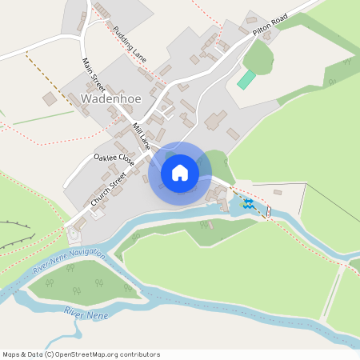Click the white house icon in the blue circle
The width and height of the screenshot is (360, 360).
click(x=180, y=173)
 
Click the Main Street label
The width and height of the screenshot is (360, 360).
click(x=94, y=74)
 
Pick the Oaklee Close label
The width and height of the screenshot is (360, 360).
click(x=114, y=160)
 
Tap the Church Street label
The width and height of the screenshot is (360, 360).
click(x=109, y=190)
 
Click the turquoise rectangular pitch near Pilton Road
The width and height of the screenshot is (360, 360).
click(x=246, y=80)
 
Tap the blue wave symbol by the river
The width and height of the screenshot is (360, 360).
click(x=248, y=204)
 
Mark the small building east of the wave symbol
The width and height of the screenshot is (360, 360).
click(x=278, y=192)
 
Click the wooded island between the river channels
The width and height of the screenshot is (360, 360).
click(x=80, y=280)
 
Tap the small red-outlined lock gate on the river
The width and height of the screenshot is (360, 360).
click(x=269, y=212)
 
